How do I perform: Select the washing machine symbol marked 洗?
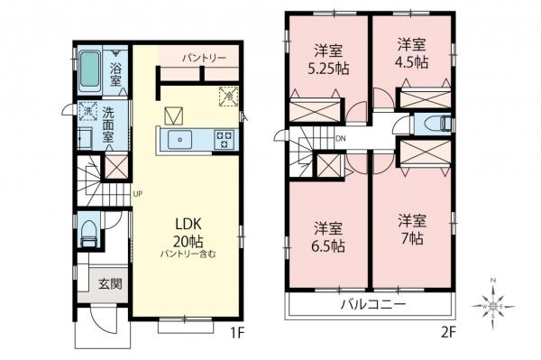[x=88, y=112]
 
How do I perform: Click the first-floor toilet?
[x=88, y=235]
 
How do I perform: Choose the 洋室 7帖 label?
[x=412, y=229]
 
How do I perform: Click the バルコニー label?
[x=372, y=305]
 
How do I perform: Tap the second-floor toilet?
[x=431, y=125]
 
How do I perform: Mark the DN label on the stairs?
[x=340, y=139]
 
